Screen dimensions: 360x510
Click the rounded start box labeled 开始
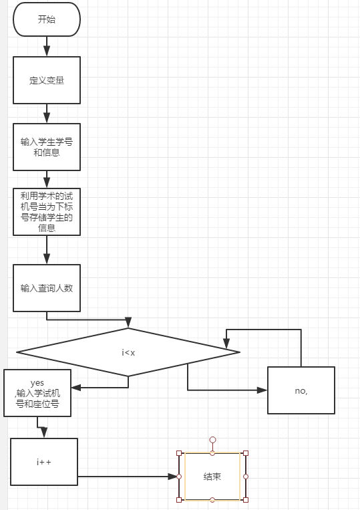[47, 19]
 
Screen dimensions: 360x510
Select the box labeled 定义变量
[47, 80]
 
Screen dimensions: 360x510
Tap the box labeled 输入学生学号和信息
[47, 147]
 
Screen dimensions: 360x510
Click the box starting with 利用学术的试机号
[47, 212]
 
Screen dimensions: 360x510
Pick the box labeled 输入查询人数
[47, 288]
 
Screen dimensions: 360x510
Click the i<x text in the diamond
[128, 352]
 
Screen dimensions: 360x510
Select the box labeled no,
[301, 390]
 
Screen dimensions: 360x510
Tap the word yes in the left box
[37, 383]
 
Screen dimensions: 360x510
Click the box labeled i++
[44, 462]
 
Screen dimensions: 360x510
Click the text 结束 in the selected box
[212, 477]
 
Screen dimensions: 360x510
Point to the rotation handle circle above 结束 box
[212, 440]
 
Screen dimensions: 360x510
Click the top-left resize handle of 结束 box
[179, 453]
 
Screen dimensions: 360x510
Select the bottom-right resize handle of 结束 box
[246, 500]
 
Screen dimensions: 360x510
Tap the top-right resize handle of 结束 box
[246, 453]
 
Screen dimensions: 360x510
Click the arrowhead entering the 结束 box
[172, 477]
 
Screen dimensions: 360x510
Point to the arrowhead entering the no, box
[262, 390]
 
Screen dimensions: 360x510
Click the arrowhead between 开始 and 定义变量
[47, 51]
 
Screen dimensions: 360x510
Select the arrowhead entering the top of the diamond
[128, 322]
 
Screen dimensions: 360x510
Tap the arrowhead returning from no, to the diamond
[226, 344]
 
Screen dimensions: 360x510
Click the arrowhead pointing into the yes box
[76, 388]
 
